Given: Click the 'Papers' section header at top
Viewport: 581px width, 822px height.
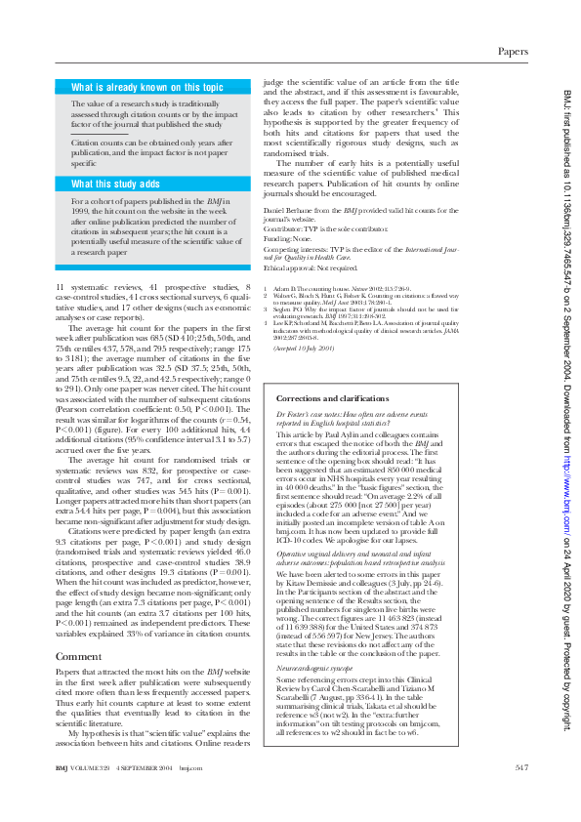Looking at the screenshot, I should [513, 50].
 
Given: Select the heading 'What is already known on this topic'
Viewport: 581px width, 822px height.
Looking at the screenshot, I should [147, 87].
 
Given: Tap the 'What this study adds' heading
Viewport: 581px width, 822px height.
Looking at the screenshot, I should [115, 183].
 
